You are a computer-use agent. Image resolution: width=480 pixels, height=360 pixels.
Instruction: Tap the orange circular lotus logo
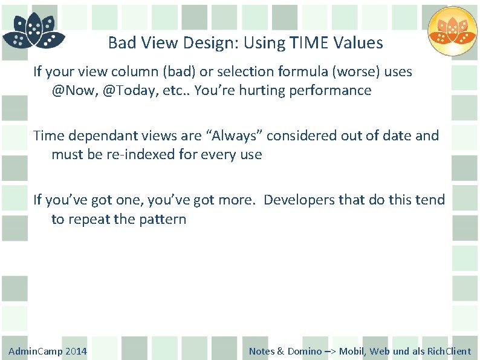click(x=453, y=31)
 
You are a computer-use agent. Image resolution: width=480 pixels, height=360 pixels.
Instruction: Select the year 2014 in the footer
click(x=76, y=351)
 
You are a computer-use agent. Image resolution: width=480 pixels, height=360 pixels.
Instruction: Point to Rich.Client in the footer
click(x=449, y=351)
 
